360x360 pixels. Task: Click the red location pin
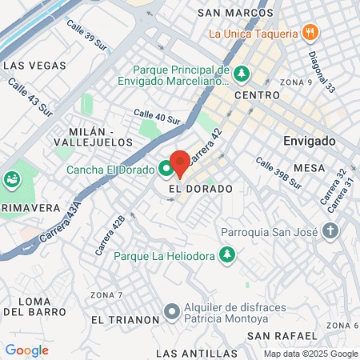click(179, 162)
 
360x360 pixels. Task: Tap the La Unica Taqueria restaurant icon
click(311, 34)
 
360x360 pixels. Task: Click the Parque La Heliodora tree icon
click(229, 256)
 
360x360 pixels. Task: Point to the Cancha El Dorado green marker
click(166, 169)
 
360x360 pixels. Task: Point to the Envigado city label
click(308, 140)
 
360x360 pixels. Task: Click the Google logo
click(26, 350)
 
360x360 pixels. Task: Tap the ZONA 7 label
click(106, 295)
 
